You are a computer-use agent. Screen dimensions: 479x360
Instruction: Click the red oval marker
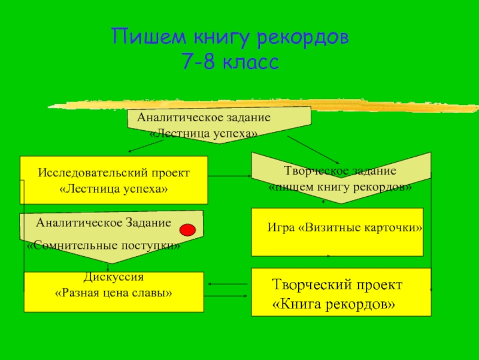click(188, 230)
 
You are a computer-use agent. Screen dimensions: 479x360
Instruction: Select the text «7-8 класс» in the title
click(231, 62)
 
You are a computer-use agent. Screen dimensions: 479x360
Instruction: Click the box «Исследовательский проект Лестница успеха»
click(114, 180)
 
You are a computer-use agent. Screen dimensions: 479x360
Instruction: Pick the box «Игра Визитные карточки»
click(337, 232)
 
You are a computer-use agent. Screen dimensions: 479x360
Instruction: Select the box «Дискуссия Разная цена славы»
click(114, 292)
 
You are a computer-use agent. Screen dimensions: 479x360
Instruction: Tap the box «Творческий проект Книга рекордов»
click(341, 292)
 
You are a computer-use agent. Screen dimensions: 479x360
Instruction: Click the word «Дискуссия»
click(113, 278)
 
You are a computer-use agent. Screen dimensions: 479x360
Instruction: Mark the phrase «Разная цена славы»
click(114, 294)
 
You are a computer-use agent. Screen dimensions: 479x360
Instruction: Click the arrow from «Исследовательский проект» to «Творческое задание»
click(229, 176)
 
